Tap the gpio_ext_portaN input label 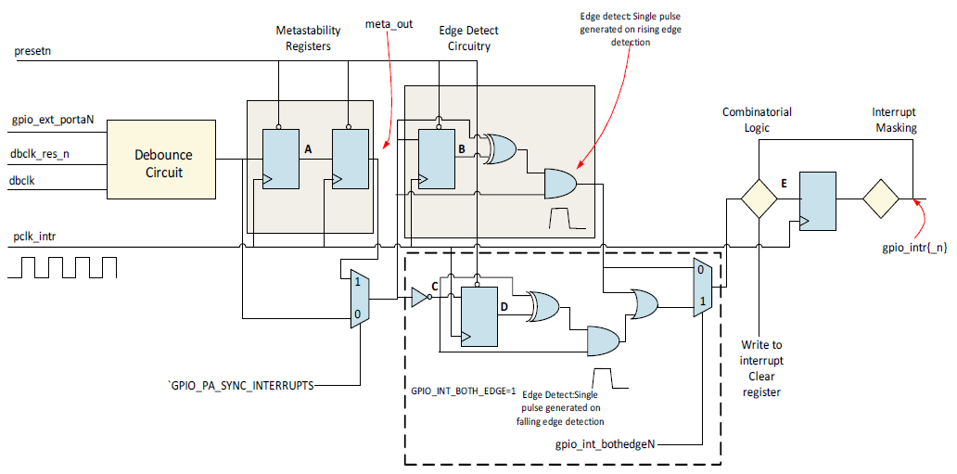53,120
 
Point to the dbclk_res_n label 40,155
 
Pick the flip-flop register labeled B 437,156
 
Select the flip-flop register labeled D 479,315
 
